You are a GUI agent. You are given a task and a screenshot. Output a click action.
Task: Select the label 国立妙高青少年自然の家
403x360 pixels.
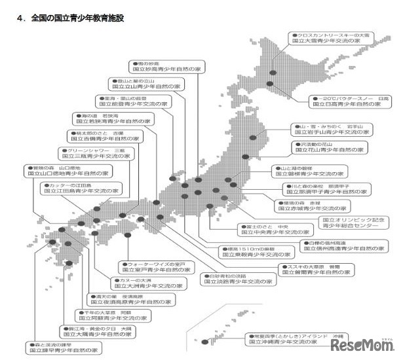pyautogui.click(x=161, y=67)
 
